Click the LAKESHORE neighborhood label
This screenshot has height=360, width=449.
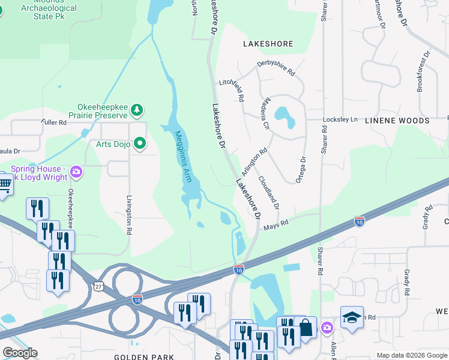(x=268, y=44)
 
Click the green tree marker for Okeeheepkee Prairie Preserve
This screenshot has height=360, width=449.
(x=137, y=109)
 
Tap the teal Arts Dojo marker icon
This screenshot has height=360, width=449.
(x=140, y=143)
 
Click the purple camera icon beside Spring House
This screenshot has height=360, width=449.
(x=76, y=172)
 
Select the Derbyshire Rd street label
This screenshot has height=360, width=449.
(x=276, y=68)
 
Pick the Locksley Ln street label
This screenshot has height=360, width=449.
(x=340, y=119)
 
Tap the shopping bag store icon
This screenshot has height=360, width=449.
(x=305, y=328)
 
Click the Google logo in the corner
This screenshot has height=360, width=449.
(x=20, y=352)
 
